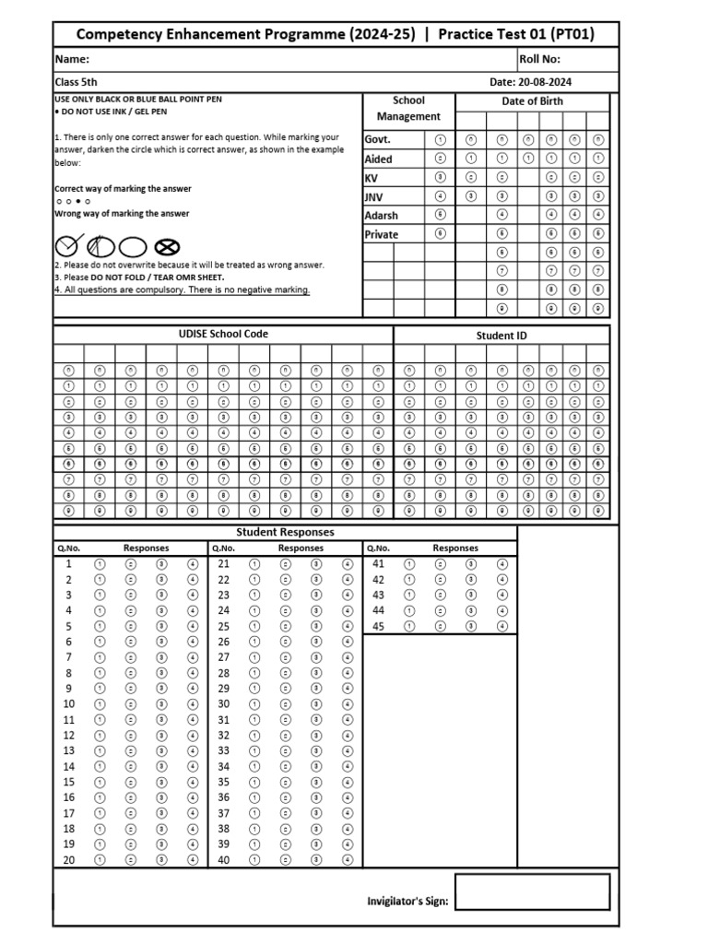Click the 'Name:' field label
73,59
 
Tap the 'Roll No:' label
541,59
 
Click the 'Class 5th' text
77,81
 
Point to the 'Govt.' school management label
378,139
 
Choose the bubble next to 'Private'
440,234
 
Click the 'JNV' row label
373,196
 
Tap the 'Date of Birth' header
532,101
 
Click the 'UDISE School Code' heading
223,334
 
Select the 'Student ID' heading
501,336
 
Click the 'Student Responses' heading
285,532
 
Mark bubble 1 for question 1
100,564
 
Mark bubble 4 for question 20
193,860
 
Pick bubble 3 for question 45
471,626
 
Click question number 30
223,704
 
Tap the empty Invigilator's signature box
532,891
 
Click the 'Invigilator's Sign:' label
407,901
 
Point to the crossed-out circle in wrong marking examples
168,246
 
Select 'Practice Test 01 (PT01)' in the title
516,35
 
